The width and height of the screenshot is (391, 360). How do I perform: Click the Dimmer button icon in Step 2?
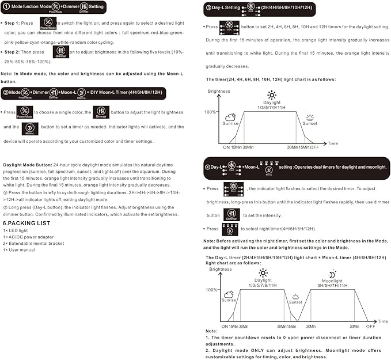[60, 52]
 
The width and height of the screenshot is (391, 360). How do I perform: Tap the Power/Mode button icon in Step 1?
[48, 23]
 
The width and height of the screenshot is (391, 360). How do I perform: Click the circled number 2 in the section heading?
[6, 92]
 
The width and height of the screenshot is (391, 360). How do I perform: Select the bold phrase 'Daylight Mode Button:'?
[27, 165]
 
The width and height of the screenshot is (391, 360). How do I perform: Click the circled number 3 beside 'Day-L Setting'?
[208, 8]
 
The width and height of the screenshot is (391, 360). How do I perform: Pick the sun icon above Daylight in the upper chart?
[271, 95]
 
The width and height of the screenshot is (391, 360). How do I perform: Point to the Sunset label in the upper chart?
[310, 123]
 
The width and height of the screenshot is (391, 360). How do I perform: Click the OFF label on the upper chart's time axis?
[314, 147]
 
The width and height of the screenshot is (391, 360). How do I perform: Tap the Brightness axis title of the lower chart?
[220, 269]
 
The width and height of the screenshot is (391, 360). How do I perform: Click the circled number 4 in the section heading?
[208, 166]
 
